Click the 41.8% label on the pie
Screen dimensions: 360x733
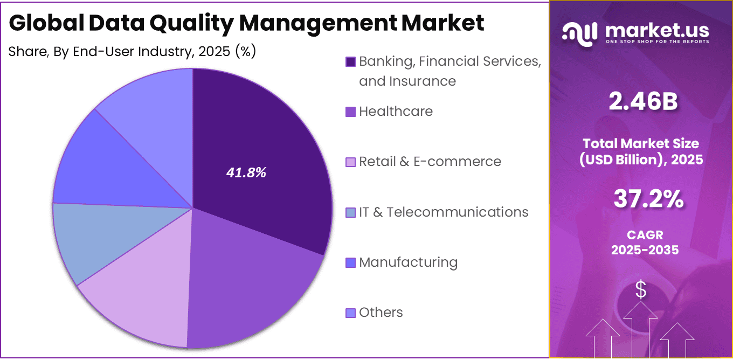[246, 174]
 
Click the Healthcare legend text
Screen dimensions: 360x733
[396, 112]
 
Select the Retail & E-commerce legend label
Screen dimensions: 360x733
[430, 162]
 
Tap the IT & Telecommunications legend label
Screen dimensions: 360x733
[444, 212]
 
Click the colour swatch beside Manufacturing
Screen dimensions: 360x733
[350, 263]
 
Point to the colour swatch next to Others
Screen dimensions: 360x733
[350, 313]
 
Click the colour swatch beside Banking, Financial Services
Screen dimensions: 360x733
[350, 62]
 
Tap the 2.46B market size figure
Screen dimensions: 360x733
[642, 102]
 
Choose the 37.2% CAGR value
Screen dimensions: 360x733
[648, 200]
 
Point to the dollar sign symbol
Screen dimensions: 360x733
[640, 290]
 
